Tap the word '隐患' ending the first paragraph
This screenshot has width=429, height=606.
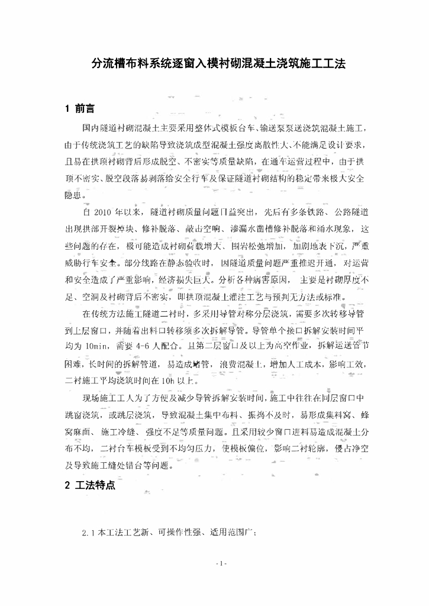(75, 194)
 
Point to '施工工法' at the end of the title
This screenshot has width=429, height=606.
(317, 62)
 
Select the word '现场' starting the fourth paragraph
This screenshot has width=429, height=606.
(92, 397)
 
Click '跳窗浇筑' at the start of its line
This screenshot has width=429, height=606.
(84, 414)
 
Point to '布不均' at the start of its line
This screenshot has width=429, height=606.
(79, 448)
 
